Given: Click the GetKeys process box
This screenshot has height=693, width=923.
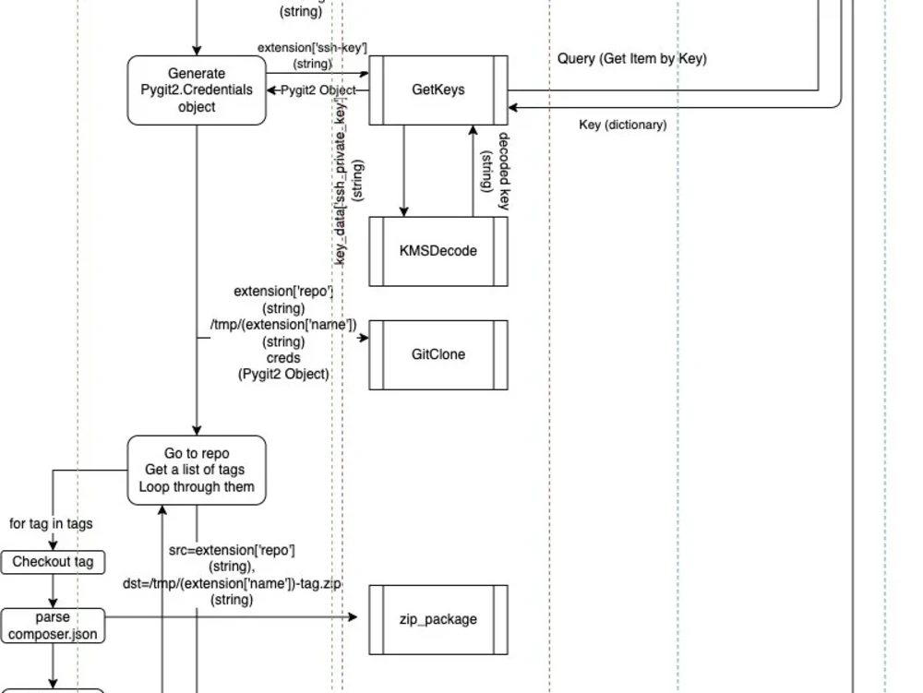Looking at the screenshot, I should click(438, 90).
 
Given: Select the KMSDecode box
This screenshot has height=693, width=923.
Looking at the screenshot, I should click(438, 251).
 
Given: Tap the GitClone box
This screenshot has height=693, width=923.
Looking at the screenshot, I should click(438, 354).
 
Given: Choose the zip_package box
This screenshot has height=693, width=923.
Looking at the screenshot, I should click(438, 619).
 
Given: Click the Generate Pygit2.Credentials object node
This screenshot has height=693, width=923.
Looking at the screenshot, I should click(197, 90).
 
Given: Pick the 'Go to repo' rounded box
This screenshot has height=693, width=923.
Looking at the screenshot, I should click(197, 470).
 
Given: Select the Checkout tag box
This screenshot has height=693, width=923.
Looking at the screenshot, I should click(53, 562).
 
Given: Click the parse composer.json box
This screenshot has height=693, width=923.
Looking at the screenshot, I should click(53, 626).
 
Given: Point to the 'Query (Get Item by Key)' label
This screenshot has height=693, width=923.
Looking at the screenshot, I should click(631, 59).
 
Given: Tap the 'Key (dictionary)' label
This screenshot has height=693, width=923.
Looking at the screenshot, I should click(622, 125).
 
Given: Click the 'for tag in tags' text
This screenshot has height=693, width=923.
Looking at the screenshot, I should click(51, 523).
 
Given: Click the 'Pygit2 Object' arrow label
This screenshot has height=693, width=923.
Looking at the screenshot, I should click(318, 90).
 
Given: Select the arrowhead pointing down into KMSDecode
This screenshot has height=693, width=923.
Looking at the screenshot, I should click(403, 211).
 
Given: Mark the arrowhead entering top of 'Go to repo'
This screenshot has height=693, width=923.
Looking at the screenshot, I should click(197, 430).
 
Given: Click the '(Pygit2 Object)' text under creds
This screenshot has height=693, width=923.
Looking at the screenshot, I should click(283, 374).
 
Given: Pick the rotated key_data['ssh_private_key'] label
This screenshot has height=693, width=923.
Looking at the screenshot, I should click(348, 185).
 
